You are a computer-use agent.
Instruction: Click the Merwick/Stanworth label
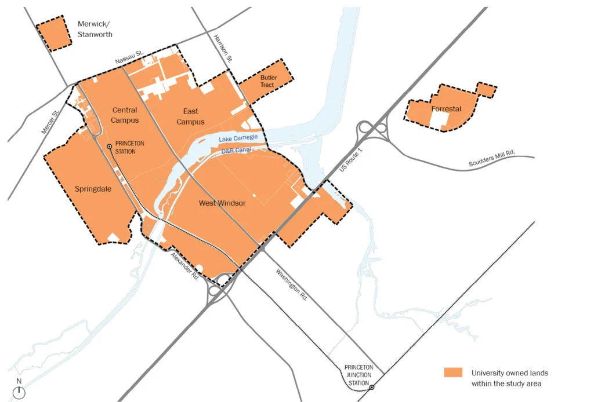95,30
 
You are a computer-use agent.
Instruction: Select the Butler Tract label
267,81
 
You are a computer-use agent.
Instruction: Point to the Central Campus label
125,115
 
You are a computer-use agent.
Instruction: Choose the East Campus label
190,116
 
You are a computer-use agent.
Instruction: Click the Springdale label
93,189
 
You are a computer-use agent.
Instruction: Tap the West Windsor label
222,203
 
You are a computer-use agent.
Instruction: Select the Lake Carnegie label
241,139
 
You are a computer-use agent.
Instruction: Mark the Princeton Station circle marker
108,147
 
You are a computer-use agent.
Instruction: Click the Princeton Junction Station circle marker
372,388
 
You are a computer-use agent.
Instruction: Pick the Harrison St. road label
223,48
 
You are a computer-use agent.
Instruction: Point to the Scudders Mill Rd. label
492,160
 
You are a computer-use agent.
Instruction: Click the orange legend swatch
453,372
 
